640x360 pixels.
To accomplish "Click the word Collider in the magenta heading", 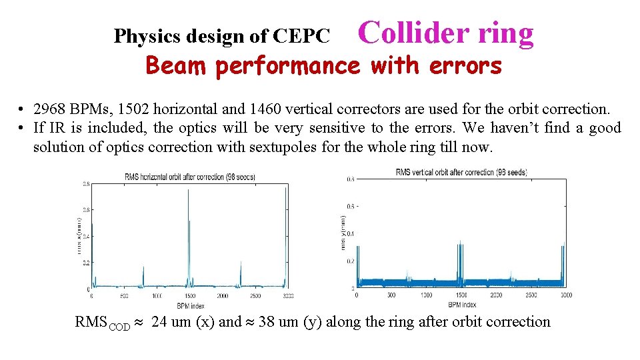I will click(x=404, y=33).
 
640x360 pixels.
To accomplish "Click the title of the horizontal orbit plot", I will click(x=189, y=177).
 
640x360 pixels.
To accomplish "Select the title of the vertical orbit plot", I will click(x=461, y=172).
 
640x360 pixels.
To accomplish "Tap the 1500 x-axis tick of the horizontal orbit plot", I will click(x=189, y=295).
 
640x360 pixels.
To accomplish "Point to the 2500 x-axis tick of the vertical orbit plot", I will click(x=531, y=295).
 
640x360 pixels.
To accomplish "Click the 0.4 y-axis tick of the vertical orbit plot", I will click(x=349, y=233).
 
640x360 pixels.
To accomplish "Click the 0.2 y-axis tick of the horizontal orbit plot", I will click(x=85, y=263).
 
